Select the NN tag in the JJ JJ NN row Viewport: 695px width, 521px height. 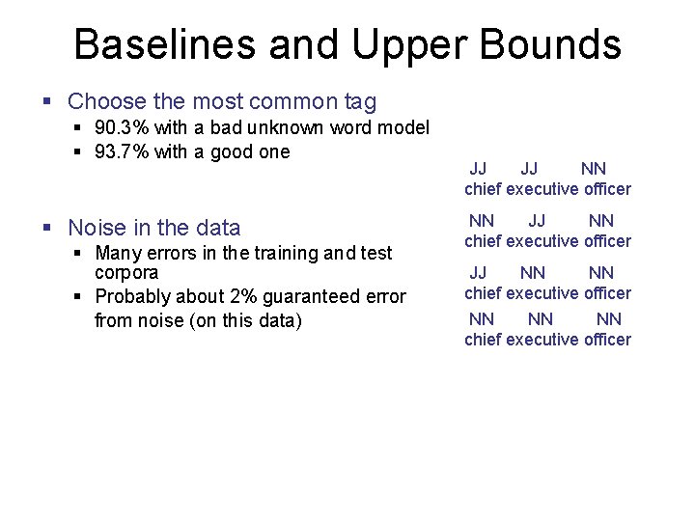[594, 169]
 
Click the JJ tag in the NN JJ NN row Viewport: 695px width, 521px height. [537, 221]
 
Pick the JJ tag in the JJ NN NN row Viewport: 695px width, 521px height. [478, 273]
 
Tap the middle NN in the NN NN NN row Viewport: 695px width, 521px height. [542, 318]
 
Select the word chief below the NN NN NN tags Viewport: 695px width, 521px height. [483, 340]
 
